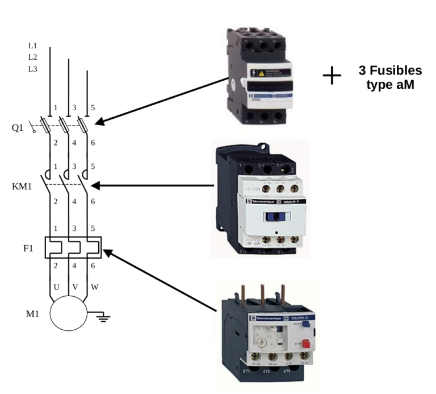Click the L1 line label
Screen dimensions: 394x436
(33, 45)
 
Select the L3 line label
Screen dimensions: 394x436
(33, 68)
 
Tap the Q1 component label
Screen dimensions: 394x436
(18, 127)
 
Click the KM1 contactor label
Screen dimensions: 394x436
(21, 186)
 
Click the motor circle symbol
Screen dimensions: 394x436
(69, 313)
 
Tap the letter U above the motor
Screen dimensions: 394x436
(56, 287)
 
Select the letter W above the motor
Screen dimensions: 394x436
(94, 287)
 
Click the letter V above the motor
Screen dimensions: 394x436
(76, 287)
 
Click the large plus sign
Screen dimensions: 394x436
(332, 76)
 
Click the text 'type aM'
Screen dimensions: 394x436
(391, 85)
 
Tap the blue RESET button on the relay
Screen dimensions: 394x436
(305, 324)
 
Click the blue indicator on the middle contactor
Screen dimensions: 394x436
(276, 216)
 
